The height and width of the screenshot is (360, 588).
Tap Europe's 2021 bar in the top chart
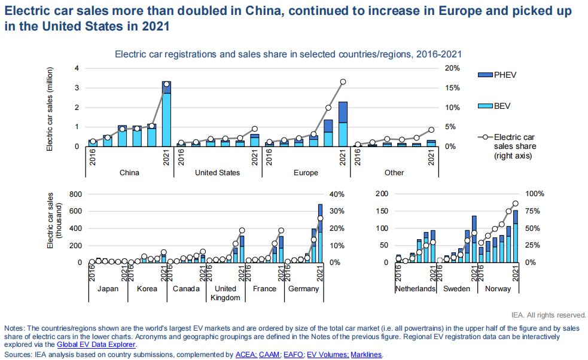(343, 126)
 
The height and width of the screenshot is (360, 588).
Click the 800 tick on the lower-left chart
(72, 194)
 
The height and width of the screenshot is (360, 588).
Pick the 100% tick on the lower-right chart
(534, 194)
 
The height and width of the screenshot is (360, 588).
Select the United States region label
(217, 173)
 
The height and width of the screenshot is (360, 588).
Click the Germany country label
(303, 289)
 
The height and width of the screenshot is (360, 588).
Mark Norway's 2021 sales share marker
(516, 203)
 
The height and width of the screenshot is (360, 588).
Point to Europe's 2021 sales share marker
(343, 82)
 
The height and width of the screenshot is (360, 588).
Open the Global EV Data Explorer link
(96, 344)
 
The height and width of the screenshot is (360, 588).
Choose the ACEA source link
(246, 355)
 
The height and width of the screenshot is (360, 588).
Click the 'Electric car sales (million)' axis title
(51, 108)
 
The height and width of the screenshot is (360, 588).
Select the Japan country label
(108, 289)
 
